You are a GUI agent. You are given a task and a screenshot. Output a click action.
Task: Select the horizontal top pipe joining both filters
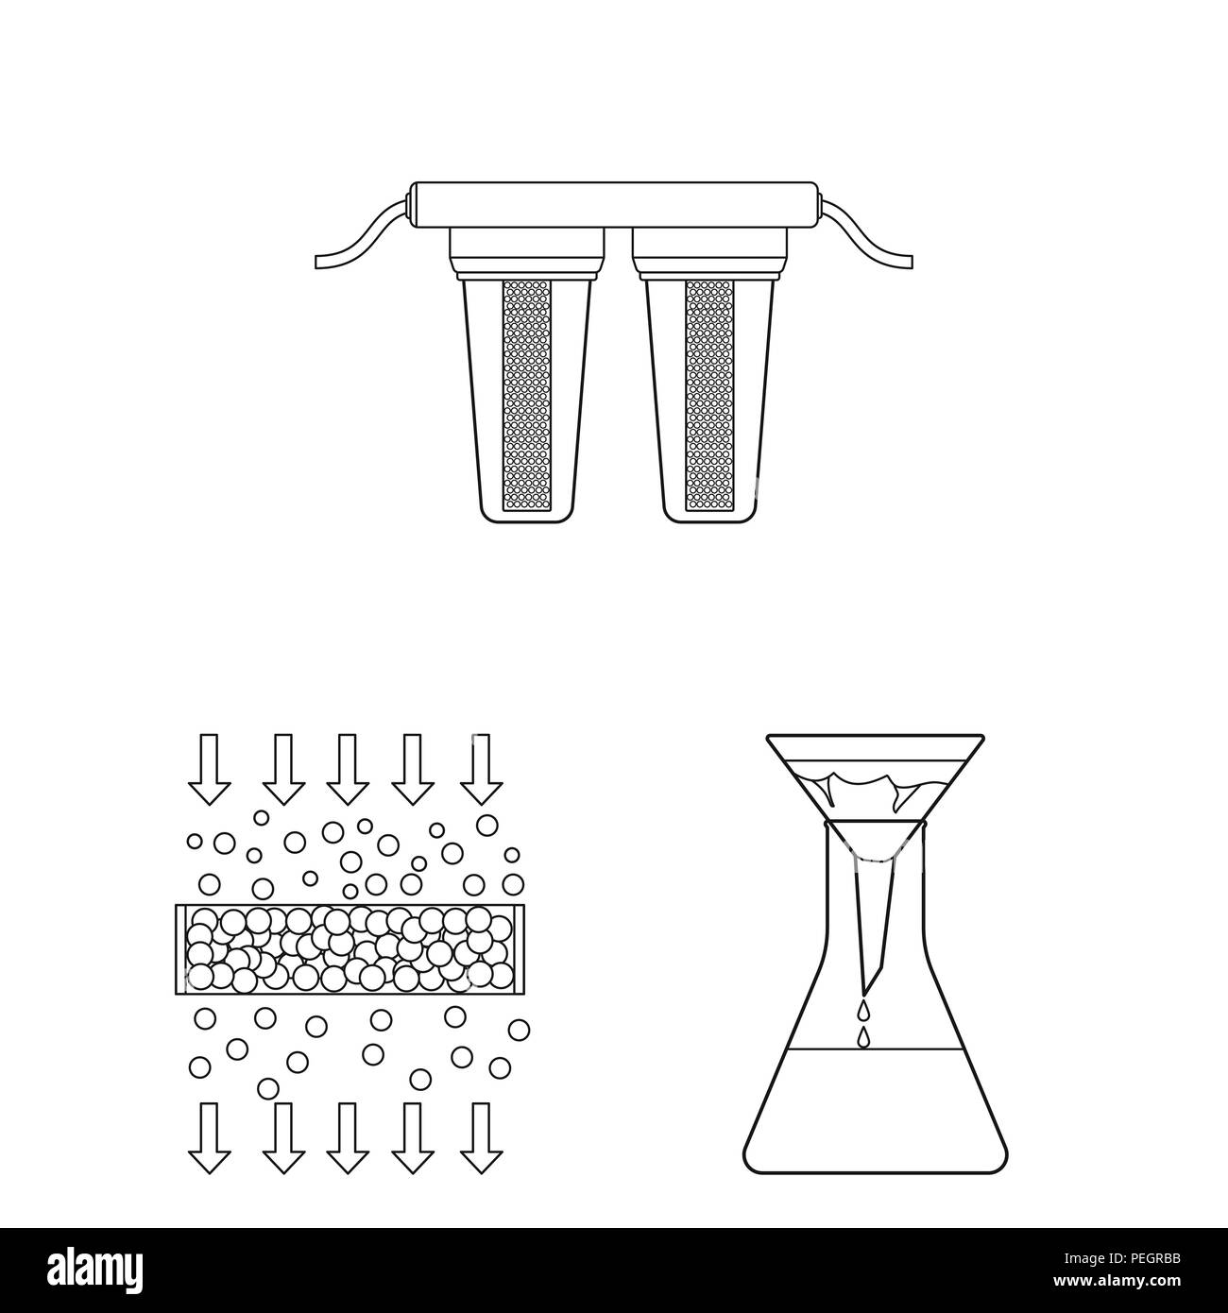point(614,203)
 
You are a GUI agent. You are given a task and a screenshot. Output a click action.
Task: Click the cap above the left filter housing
point(526,244)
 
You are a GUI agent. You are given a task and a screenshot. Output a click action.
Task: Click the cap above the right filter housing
point(709,244)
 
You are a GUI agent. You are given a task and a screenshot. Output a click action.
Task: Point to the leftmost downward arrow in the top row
point(209,768)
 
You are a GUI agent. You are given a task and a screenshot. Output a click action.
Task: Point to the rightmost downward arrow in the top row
point(481,768)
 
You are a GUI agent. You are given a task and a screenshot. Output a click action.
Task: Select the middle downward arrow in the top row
point(347,768)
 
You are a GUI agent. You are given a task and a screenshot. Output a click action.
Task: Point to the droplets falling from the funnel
point(861,1025)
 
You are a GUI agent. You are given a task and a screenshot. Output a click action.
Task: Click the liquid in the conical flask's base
point(874,1105)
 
